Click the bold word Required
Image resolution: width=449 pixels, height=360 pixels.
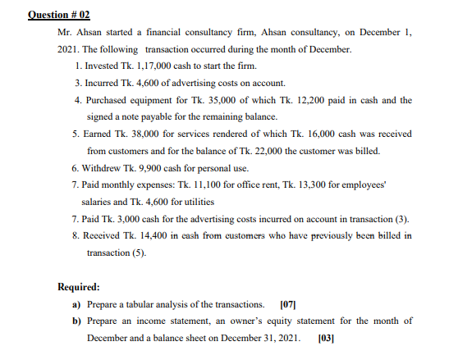[x=79, y=288]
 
